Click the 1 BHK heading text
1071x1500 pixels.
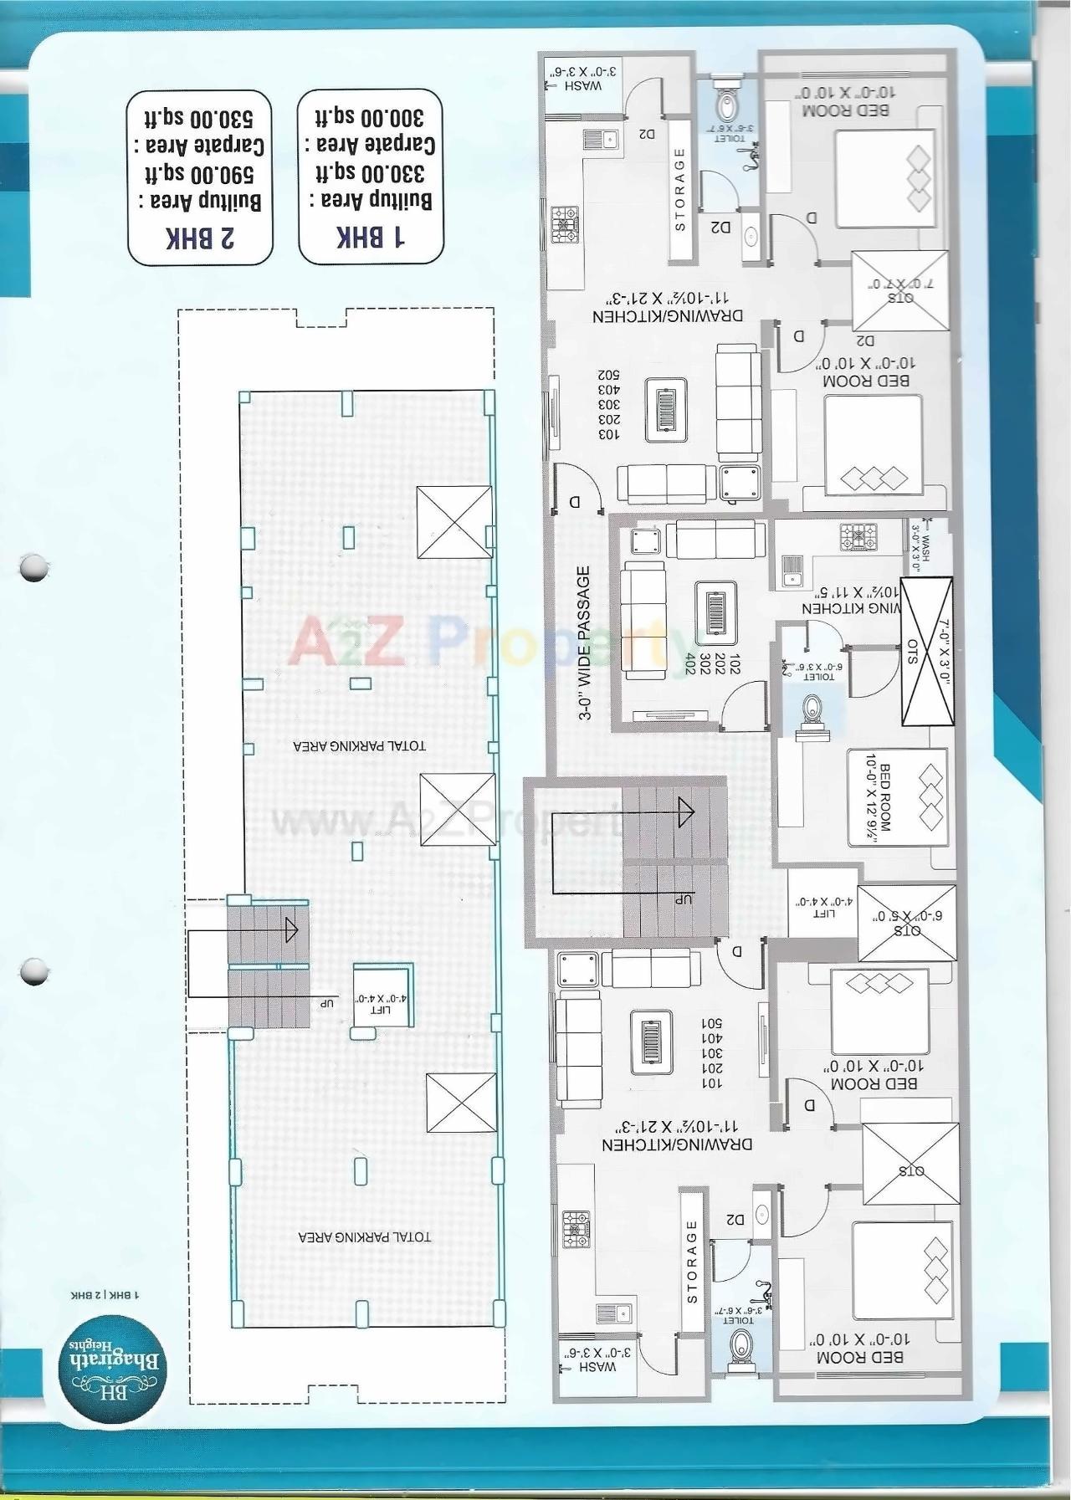click(x=372, y=238)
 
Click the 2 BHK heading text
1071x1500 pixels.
click(x=200, y=238)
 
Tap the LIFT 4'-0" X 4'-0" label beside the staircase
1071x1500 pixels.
click(x=823, y=908)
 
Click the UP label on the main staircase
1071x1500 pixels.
click(x=684, y=899)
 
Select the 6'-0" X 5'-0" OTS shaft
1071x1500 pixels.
click(x=907, y=923)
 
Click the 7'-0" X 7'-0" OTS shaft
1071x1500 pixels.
click(x=900, y=290)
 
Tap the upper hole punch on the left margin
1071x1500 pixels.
click(x=34, y=568)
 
